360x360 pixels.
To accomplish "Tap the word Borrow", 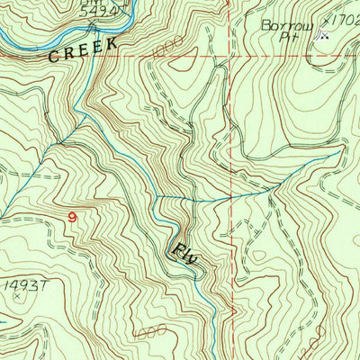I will click(x=285, y=26).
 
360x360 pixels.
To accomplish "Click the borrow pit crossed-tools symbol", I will click(x=325, y=37).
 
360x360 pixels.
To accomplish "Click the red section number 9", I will click(x=72, y=216).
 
